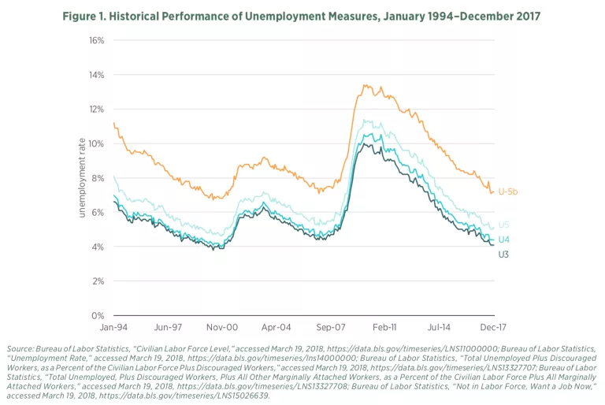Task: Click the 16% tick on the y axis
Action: click(95, 40)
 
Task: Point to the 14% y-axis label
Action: click(95, 75)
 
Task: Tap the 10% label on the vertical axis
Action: click(95, 143)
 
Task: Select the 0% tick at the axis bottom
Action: click(98, 315)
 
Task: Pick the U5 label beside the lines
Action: click(503, 225)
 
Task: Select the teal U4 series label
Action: click(503, 240)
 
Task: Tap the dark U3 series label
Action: click(503, 254)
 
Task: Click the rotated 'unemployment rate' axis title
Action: click(81, 179)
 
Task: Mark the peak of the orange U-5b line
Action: click(364, 85)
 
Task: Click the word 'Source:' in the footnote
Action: click(21, 348)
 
